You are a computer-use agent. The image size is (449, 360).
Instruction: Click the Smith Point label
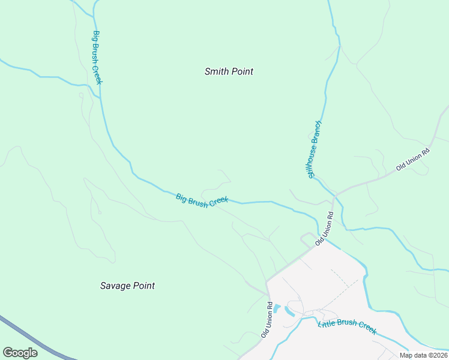tap(229, 71)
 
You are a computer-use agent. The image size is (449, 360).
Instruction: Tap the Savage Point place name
tap(127, 286)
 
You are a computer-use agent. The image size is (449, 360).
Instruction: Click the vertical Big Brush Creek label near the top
tap(97, 58)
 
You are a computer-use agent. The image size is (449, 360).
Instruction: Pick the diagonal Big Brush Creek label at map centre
tap(202, 200)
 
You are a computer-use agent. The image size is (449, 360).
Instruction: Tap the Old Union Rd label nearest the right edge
tap(414, 159)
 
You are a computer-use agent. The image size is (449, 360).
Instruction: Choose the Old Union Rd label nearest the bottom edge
tap(267, 319)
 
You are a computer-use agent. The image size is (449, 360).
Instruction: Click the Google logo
tap(20, 353)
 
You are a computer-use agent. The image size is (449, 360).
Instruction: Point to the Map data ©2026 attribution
tap(424, 355)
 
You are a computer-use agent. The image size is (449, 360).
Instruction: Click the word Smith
tap(216, 71)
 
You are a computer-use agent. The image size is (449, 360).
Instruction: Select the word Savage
tap(115, 286)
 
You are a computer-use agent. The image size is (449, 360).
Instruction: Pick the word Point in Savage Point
tap(143, 286)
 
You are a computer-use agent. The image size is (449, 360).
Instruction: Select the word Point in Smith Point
tap(242, 71)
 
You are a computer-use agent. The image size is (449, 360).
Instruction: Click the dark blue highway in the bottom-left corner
tap(36, 339)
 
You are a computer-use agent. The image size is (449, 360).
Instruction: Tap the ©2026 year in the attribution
tap(436, 355)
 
